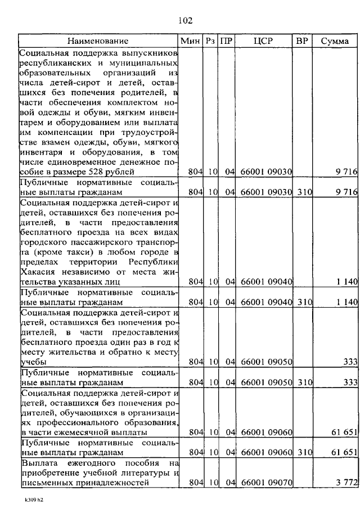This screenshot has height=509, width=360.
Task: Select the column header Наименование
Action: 98,41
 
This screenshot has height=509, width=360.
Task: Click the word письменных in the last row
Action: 43,483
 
